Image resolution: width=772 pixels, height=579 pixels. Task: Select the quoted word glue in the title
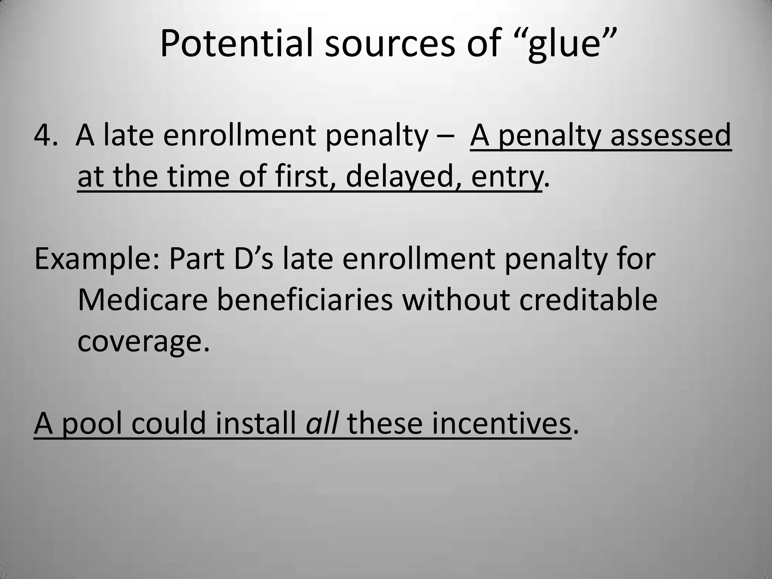(563, 44)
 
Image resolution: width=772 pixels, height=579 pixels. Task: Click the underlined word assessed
(671, 135)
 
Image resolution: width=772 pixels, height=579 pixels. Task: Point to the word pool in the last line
(92, 424)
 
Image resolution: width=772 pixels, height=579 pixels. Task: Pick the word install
(256, 424)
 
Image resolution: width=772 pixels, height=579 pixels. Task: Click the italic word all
(321, 424)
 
